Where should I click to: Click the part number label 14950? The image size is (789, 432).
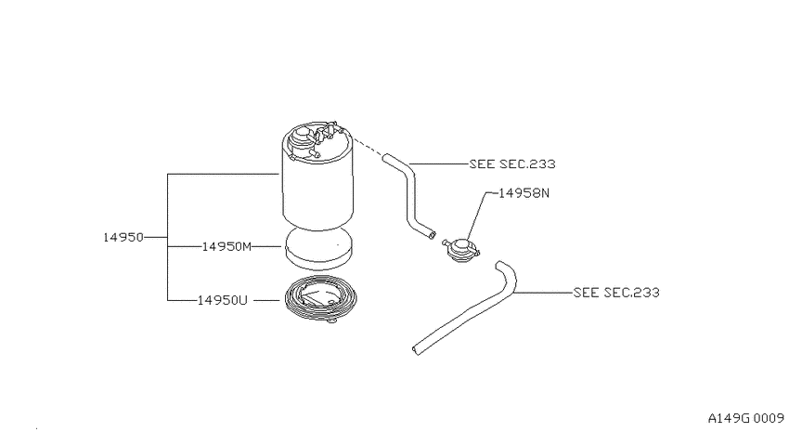[x=123, y=237]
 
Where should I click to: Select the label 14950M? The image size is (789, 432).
[x=226, y=247]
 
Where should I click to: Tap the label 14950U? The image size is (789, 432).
[x=223, y=300]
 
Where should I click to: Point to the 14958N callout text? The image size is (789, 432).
[x=524, y=193]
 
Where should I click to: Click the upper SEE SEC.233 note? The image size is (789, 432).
[x=512, y=164]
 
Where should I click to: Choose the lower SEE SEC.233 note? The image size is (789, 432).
[x=616, y=292]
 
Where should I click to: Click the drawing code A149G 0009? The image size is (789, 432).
[x=745, y=418]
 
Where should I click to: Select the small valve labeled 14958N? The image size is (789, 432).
[x=461, y=250]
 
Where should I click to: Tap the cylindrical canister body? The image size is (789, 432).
[x=317, y=191]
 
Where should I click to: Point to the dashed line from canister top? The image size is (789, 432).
[x=368, y=147]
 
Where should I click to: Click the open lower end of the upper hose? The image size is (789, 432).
[x=432, y=235]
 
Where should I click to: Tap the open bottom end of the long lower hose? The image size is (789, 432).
[x=416, y=350]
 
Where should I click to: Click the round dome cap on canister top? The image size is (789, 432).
[x=302, y=135]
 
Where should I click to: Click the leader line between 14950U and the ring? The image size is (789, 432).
[x=266, y=300]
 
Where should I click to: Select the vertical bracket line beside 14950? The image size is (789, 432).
[x=168, y=237]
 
